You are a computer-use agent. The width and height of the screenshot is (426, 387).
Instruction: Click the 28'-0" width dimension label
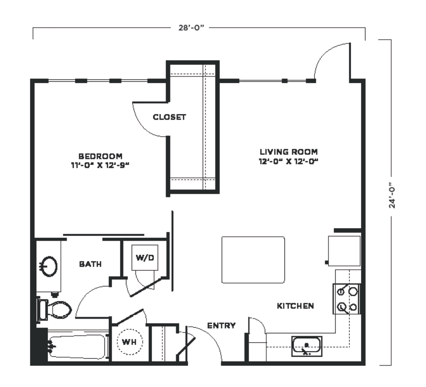pyautogui.click(x=191, y=28)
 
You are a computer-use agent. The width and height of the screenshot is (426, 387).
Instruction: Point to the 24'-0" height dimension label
pyautogui.click(x=392, y=195)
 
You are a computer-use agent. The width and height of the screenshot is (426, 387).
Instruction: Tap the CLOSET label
pyautogui.click(x=169, y=117)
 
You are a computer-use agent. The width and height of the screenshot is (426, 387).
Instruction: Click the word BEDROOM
pyautogui.click(x=100, y=156)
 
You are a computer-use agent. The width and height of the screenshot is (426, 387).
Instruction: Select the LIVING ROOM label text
pyautogui.click(x=289, y=152)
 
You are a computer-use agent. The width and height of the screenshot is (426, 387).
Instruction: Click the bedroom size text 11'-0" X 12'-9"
pyautogui.click(x=100, y=165)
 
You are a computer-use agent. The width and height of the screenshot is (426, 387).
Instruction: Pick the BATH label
pyautogui.click(x=90, y=264)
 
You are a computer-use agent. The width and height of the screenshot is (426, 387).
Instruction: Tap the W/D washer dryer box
pyautogui.click(x=145, y=258)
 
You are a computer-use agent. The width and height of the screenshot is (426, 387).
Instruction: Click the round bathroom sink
pyautogui.click(x=49, y=266)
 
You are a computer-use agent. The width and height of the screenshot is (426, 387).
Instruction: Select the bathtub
pyautogui.click(x=78, y=347)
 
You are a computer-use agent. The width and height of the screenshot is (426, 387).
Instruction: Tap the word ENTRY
pyautogui.click(x=221, y=325)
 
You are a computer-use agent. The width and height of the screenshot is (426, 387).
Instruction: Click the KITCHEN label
pyautogui.click(x=295, y=306)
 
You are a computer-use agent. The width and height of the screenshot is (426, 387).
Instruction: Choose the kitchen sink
pyautogui.click(x=306, y=346)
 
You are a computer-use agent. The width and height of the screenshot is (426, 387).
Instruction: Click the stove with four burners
pyautogui.click(x=347, y=299)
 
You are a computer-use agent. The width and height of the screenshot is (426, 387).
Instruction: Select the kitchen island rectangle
pyautogui.click(x=253, y=260)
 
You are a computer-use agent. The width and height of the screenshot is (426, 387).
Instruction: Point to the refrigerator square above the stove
pyautogui.click(x=344, y=251)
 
